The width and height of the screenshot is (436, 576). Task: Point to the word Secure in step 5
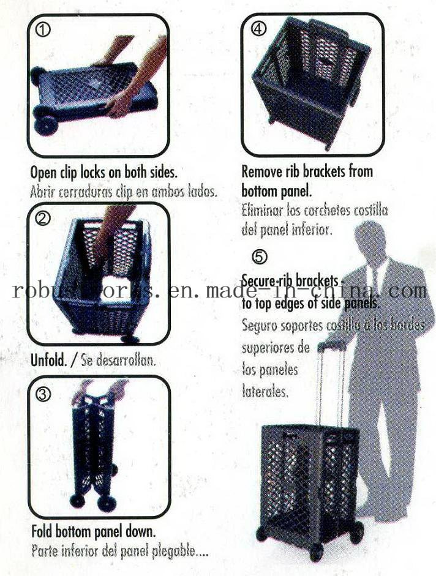[x=260, y=280]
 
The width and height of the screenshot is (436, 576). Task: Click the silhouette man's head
[x=371, y=239]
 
